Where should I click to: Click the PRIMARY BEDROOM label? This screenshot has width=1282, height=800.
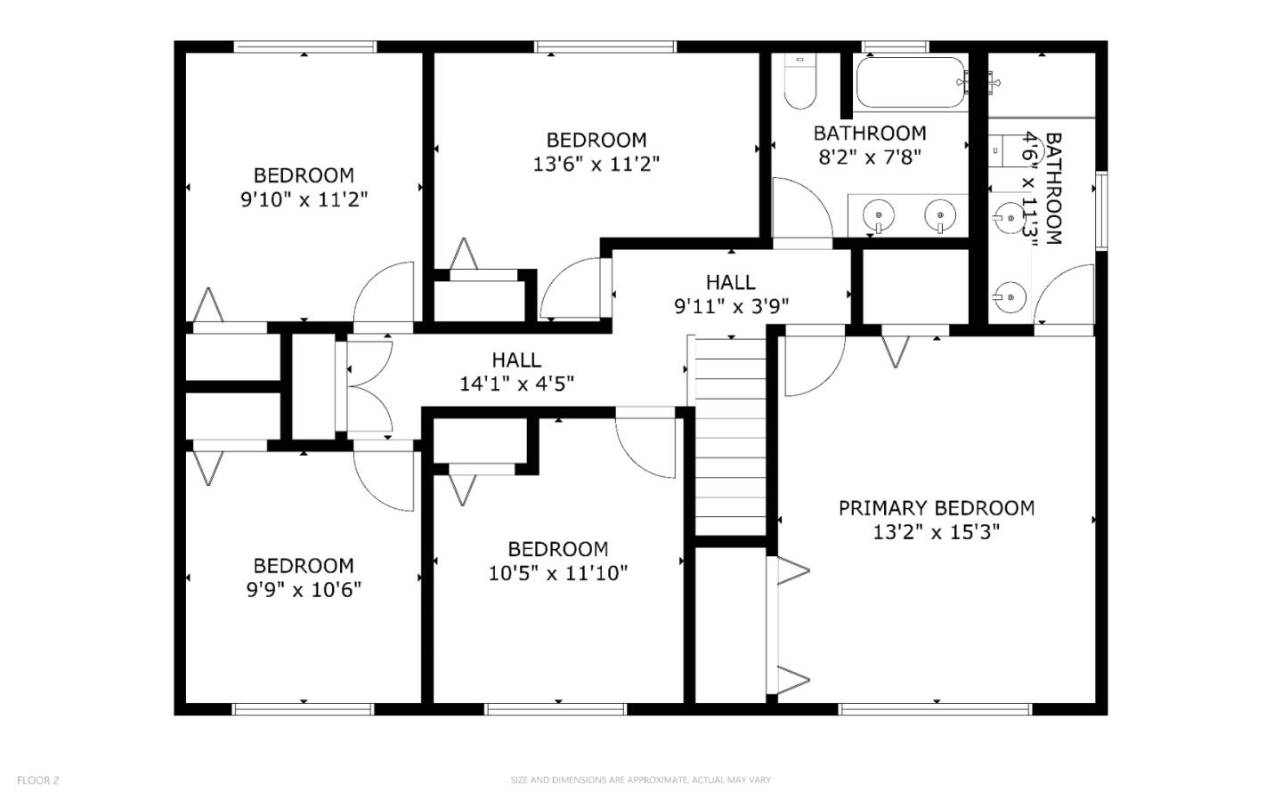pyautogui.click(x=936, y=508)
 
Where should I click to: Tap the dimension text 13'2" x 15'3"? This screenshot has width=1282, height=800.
pyautogui.click(x=936, y=532)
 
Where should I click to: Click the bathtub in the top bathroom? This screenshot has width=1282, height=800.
pyautogui.click(x=909, y=83)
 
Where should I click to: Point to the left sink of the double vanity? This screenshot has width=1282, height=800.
pyautogui.click(x=880, y=214)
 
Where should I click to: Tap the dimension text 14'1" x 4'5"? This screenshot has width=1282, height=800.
pyautogui.click(x=516, y=384)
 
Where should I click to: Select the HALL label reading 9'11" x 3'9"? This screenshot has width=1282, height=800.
pyautogui.click(x=731, y=282)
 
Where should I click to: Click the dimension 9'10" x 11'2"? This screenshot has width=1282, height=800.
pyautogui.click(x=304, y=199)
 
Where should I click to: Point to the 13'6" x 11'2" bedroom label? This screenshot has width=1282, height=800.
pyautogui.click(x=596, y=140)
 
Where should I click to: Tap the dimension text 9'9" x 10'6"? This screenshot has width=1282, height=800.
pyautogui.click(x=304, y=589)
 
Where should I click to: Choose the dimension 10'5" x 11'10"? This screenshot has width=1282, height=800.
pyautogui.click(x=558, y=573)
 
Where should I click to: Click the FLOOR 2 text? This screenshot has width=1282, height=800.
pyautogui.click(x=37, y=780)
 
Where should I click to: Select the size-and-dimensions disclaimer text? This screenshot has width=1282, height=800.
pyautogui.click(x=640, y=780)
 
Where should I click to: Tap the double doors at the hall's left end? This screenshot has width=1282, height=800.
pyautogui.click(x=368, y=388)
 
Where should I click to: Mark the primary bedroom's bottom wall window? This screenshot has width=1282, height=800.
pyautogui.click(x=935, y=709)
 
